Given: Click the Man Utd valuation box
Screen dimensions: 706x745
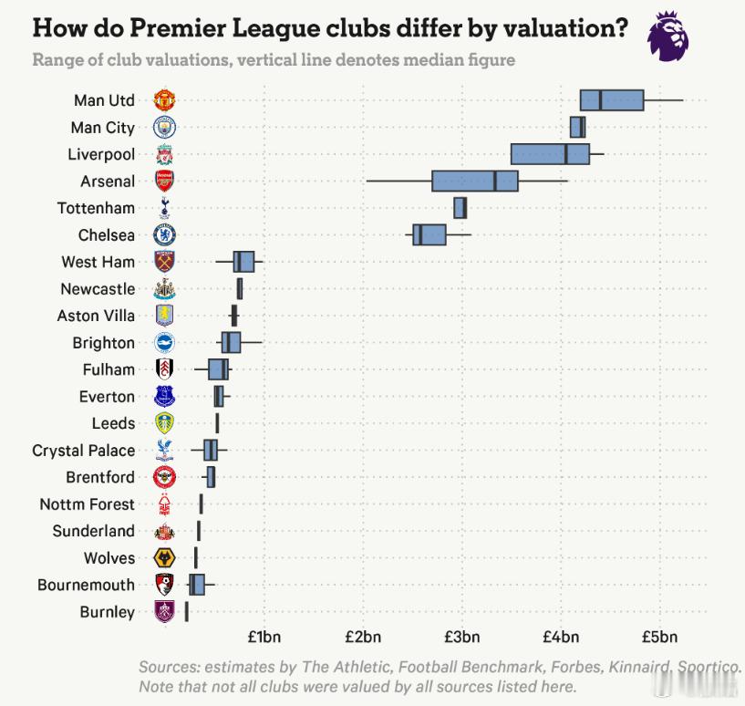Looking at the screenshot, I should tap(612, 100).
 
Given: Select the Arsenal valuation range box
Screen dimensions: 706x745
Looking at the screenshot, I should tap(475, 181).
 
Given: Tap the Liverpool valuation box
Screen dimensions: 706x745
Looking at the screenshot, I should tap(550, 153).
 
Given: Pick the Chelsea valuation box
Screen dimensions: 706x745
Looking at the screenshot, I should tap(429, 234).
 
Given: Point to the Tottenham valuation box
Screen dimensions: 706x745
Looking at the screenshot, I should tap(460, 208).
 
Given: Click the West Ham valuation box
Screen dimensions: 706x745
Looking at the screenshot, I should tap(243, 262).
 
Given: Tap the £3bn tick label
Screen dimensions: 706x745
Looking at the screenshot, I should tap(462, 636).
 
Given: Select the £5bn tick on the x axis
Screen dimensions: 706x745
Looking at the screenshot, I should tap(660, 636).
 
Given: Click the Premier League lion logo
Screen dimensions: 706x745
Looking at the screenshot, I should tap(668, 37).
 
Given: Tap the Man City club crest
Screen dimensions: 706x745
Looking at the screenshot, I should tap(164, 128).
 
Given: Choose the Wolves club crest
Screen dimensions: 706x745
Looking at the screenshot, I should tap(164, 558).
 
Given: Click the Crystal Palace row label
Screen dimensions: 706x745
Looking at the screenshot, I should tap(83, 451).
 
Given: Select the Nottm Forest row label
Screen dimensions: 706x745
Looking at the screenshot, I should tap(87, 504).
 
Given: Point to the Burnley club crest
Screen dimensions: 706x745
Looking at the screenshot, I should tap(164, 612).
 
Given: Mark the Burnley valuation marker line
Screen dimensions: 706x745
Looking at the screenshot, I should tap(186, 612).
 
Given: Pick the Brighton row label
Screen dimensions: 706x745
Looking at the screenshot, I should tap(103, 343).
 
